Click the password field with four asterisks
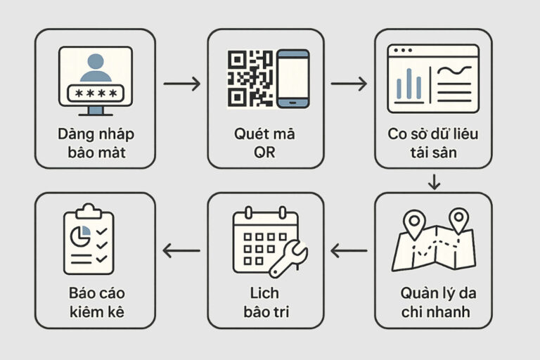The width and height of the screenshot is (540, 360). coord(96,93)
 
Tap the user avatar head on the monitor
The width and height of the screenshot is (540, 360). coord(96,61)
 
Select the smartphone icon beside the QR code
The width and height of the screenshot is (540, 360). coord(292,79)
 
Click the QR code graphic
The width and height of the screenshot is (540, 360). coord(250,79)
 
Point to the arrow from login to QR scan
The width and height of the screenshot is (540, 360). coord(182,84)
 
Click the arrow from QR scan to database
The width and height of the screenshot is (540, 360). coord(349,84)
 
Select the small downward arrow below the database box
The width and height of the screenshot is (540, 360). coord(434,182)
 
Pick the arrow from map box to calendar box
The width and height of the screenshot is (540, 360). coord(349,250)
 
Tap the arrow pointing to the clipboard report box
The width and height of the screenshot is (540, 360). coord(181,250)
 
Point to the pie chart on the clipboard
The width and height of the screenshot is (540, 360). coord(80,236)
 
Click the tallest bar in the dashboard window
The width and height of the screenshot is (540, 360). coord(409,84)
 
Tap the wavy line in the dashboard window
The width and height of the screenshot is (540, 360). coord(454,70)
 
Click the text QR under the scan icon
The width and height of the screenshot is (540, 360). coord(264,153)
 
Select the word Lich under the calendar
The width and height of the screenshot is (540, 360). coord(264,293)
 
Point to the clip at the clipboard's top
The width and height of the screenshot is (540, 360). coord(89,211)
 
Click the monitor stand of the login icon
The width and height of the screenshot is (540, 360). coord(96,111)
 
